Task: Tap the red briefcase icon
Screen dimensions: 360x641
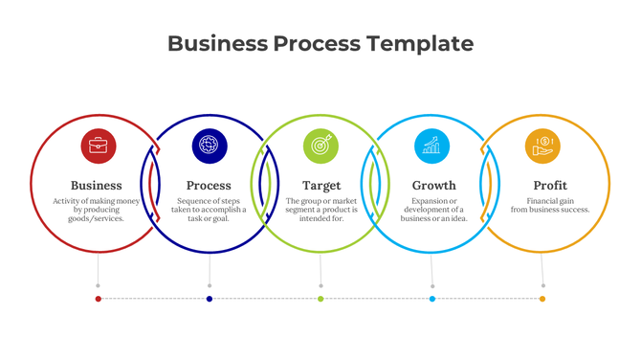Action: coord(99,146)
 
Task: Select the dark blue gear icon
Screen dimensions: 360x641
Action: coord(210,146)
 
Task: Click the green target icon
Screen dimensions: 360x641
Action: coord(320,146)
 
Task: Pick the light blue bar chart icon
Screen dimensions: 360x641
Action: coord(431,146)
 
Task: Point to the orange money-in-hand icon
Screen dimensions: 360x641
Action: coord(542,146)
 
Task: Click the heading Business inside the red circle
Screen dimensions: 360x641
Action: coord(97,185)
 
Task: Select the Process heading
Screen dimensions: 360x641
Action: coord(209,185)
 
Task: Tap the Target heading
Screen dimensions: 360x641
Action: coord(321,185)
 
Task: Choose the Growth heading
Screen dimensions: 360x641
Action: coord(433,185)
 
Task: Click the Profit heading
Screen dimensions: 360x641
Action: coord(550,185)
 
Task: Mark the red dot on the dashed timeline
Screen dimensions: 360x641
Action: coord(99,299)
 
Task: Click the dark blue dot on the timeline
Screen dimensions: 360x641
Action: coord(210,299)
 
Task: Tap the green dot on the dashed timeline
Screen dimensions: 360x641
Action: coord(320,299)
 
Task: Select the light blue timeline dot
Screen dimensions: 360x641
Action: coord(432,299)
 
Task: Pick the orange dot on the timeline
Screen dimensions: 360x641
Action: coord(542,299)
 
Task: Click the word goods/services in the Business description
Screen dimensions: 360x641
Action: coord(97,219)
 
